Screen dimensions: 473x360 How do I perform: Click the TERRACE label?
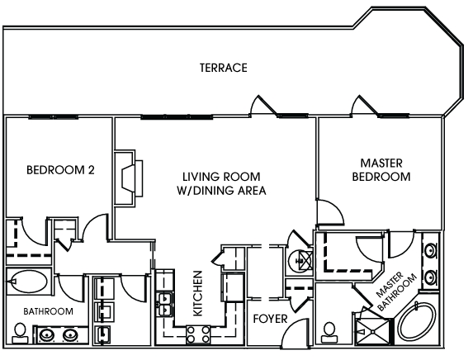tap(224, 68)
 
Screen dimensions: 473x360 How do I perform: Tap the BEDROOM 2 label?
tap(60, 170)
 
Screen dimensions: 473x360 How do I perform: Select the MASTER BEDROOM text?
tap(381, 170)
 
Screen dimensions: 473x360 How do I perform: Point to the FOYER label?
tap(270, 319)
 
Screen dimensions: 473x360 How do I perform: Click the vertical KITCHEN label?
tap(197, 293)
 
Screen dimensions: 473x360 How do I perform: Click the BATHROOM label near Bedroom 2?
tap(48, 311)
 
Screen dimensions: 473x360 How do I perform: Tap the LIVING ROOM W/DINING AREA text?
tap(221, 183)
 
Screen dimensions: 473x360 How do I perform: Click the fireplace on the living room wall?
tap(129, 178)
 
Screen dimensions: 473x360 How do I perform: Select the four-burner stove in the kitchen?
tap(198, 334)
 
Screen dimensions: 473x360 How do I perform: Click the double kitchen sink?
tap(164, 304)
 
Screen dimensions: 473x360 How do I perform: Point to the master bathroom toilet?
tap(329, 333)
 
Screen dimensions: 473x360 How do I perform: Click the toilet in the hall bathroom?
tap(20, 333)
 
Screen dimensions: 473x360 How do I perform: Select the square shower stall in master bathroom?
tap(373, 331)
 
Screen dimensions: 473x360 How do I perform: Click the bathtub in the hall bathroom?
tap(27, 282)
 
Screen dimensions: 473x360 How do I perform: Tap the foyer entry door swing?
tap(295, 333)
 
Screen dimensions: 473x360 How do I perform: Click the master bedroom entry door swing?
tap(330, 212)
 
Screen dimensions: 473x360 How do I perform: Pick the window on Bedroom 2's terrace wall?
tap(54, 116)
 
